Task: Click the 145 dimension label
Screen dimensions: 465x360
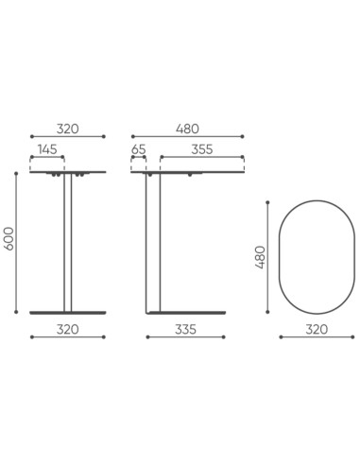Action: [x=45, y=148]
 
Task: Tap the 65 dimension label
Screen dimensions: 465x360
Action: [x=139, y=148]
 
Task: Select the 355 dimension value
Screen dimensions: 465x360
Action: [x=200, y=148]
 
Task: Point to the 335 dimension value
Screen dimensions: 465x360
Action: [x=186, y=329]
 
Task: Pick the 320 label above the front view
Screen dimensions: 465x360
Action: [x=67, y=127]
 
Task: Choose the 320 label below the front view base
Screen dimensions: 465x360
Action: [x=67, y=329]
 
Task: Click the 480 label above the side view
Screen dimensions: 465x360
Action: [x=186, y=127]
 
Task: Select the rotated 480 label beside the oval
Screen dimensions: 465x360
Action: [x=262, y=257]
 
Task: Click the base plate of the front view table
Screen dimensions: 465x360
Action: [x=67, y=311]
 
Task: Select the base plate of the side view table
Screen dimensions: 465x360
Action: [x=186, y=311]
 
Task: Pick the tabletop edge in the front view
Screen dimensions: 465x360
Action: [x=67, y=172]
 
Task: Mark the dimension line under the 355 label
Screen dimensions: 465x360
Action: [x=200, y=157]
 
